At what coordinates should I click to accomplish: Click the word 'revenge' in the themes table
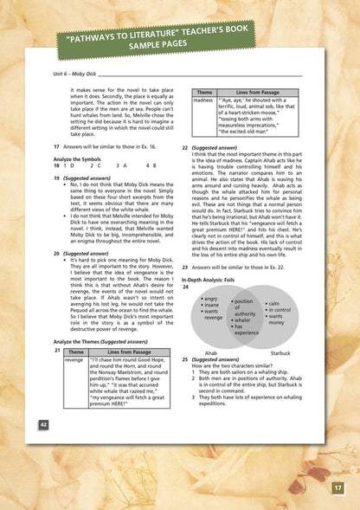[x=74, y=358]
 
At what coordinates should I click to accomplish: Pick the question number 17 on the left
[x=56, y=147]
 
